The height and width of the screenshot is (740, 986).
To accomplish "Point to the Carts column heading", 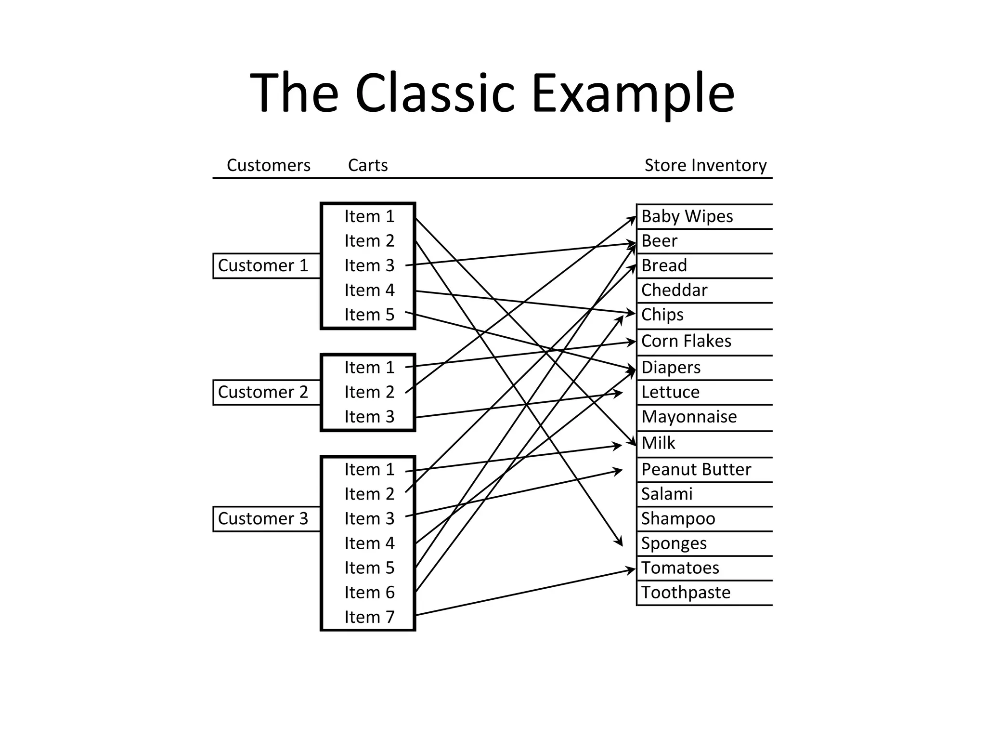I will (368, 165).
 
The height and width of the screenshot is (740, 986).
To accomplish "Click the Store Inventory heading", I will (705, 165).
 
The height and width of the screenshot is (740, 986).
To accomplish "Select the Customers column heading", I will (268, 165).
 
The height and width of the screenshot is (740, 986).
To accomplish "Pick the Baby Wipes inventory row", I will (687, 216).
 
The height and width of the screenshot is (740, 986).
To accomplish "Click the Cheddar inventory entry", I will (674, 290).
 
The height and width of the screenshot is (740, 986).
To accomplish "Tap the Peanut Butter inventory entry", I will (696, 469).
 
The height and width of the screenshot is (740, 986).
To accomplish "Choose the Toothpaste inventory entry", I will (686, 592).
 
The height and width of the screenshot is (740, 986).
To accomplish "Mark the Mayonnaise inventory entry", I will (688, 417).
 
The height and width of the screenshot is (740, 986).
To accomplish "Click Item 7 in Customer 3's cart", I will (369, 617).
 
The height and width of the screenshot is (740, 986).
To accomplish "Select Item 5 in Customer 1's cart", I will (369, 315).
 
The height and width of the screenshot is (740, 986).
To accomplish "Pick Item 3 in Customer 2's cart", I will (369, 417).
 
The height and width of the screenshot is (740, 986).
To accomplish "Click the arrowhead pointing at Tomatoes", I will (632, 570).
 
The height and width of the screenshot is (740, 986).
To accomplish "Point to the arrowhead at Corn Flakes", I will (632, 342).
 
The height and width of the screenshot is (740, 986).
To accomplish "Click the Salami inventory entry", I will (667, 494).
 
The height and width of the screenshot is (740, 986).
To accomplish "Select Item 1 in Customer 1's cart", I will (369, 216).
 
